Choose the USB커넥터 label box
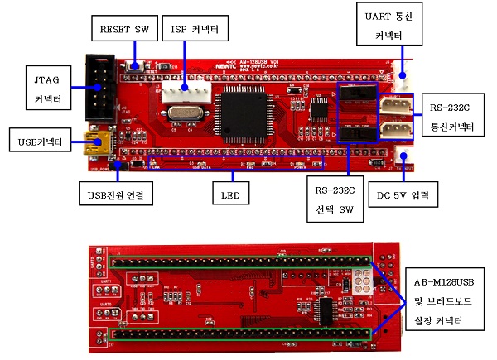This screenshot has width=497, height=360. point(40,141)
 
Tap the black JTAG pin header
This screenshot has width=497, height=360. point(103,88)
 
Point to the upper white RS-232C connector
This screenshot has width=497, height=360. point(396,107)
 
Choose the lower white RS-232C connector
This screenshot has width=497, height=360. point(396,131)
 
